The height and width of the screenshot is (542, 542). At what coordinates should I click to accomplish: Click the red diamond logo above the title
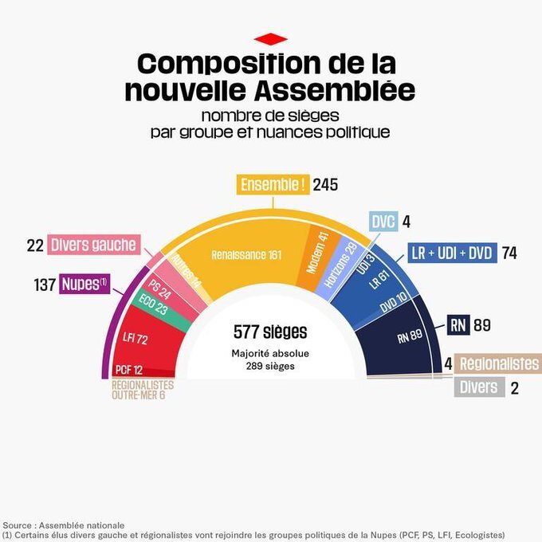[x=270, y=38]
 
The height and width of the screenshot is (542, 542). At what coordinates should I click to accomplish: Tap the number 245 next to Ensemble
[x=325, y=185]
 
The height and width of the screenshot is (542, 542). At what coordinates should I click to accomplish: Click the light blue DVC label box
[x=383, y=222]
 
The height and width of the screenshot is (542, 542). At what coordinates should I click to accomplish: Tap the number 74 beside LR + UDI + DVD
[x=509, y=253]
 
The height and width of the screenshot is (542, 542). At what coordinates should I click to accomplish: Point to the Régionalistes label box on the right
[x=498, y=363]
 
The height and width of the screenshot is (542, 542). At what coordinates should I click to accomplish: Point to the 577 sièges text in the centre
[x=270, y=332]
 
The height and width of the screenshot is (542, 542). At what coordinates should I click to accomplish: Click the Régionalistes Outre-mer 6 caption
[x=143, y=390]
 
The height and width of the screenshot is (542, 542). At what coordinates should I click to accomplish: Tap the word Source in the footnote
[x=19, y=525]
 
